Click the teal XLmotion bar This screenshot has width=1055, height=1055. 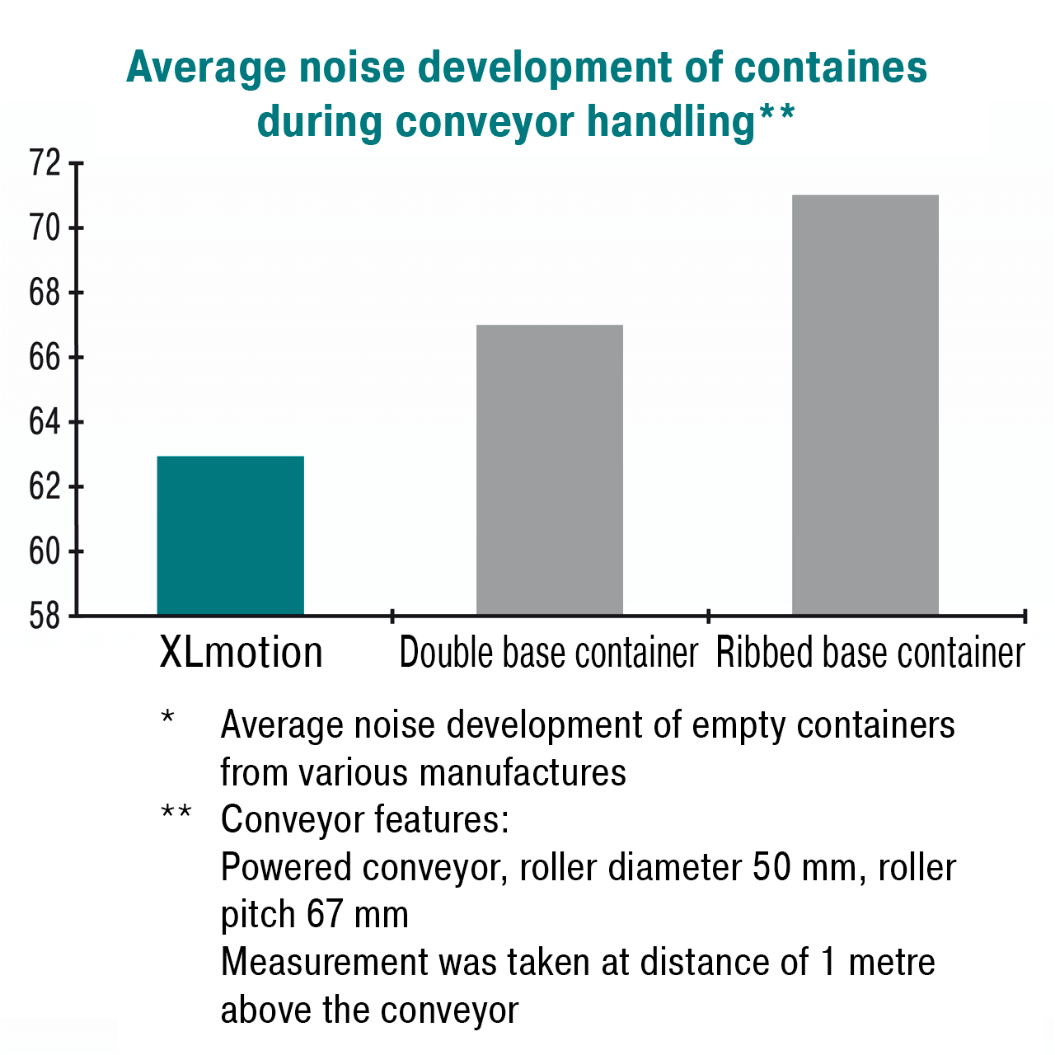(230, 536)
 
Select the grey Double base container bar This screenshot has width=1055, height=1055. (550, 470)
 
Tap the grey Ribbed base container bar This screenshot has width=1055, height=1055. (865, 405)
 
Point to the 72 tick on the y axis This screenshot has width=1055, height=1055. (45, 163)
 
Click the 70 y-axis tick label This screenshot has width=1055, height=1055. (45, 227)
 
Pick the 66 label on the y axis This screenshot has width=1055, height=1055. (45, 358)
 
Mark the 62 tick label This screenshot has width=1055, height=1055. (45, 487)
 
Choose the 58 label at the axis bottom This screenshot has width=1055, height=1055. (45, 617)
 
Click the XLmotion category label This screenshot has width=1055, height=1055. (241, 653)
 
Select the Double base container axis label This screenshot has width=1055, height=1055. (549, 653)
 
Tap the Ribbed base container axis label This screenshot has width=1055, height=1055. (870, 653)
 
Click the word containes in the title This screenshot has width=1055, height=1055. (831, 67)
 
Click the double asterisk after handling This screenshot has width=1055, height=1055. (776, 115)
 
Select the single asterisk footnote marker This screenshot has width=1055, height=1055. (168, 717)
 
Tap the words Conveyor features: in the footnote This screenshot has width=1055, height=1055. (365, 819)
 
